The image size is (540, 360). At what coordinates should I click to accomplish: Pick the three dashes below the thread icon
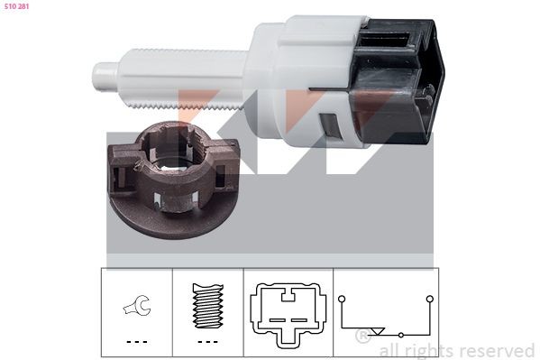point(207,342)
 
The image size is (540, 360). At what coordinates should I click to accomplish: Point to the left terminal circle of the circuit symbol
point(342,298)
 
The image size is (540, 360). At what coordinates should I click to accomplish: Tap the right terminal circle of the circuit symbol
point(429,298)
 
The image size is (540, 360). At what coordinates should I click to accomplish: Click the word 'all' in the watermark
point(389,350)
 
